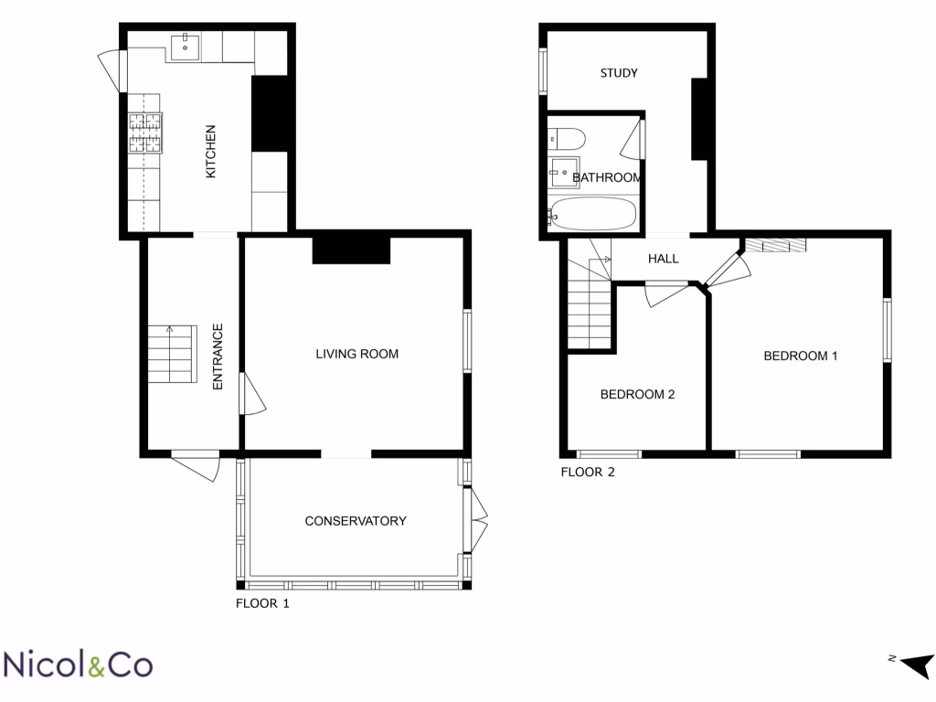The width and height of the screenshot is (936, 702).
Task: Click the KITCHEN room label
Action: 210,151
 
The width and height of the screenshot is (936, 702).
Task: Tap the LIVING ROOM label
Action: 356,354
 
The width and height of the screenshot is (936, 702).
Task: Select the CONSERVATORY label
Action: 356,521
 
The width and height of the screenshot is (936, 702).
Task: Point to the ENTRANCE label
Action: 218,356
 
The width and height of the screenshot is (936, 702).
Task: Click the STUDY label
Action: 619,73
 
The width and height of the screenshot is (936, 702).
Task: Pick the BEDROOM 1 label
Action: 801,356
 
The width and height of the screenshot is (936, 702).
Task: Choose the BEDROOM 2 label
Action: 637,395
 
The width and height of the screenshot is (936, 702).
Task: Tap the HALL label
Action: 663,259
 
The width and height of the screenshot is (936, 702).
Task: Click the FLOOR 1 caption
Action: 263,603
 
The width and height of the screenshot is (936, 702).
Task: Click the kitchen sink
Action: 186,47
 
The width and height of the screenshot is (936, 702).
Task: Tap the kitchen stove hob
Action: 144,132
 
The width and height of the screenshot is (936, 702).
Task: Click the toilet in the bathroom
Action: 567,139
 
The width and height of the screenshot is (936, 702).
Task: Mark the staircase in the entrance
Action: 172,356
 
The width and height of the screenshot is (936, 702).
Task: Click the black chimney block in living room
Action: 351,249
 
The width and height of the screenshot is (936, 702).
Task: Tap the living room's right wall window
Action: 467,340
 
